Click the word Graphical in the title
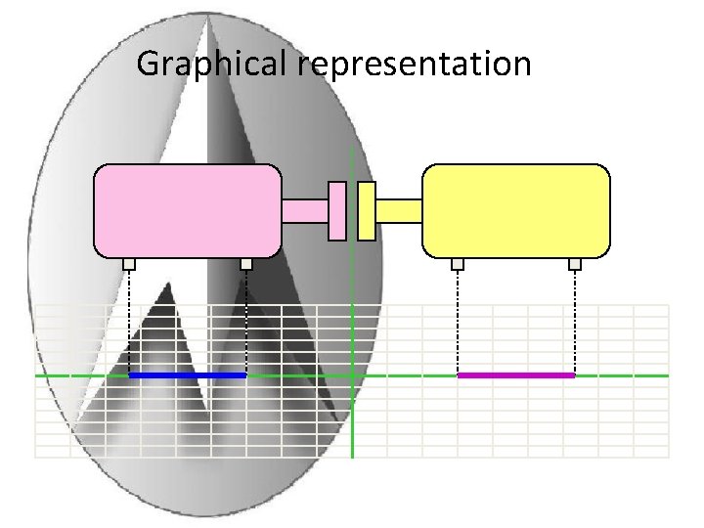tap(213, 65)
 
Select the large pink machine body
tap(187, 210)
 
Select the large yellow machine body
tap(515, 210)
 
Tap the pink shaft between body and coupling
tap(305, 210)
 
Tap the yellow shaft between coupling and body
tap(398, 210)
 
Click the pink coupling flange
tap(337, 210)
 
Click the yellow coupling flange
tap(367, 210)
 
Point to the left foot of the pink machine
tap(129, 263)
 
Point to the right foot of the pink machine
tap(246, 263)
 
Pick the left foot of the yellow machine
tap(458, 263)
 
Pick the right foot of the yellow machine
tap(575, 263)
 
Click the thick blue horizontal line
tap(188, 375)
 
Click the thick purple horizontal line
tap(516, 375)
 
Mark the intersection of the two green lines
tap(352, 375)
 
